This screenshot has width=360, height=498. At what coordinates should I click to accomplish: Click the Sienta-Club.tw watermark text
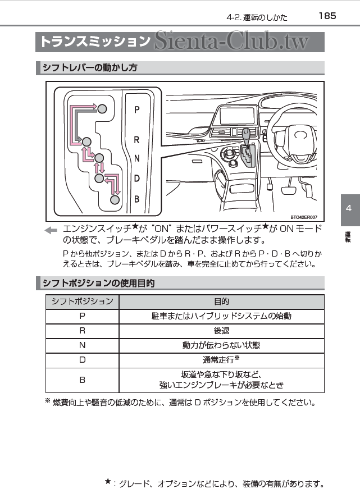[238, 42]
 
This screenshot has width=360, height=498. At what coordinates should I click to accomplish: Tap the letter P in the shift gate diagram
[137, 111]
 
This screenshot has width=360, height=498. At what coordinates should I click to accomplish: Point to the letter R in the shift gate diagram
[137, 140]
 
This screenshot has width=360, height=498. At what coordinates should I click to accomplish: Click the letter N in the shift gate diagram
[137, 159]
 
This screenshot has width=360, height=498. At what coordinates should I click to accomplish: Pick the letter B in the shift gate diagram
[137, 199]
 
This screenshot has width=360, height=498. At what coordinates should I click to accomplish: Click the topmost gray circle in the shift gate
[102, 109]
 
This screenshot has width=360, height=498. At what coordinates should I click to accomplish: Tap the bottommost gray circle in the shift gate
[115, 199]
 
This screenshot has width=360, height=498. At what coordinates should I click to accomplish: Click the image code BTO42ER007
[303, 217]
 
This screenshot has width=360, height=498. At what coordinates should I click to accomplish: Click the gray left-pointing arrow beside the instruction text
[51, 230]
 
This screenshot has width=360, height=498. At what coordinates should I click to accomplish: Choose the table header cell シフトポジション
[82, 301]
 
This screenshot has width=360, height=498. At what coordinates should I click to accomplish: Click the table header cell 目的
[221, 301]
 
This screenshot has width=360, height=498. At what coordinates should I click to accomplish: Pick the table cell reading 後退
[221, 331]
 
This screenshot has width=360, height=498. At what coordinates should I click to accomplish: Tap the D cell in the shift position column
[82, 360]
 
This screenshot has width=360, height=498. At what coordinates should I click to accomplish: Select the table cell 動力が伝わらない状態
[221, 345]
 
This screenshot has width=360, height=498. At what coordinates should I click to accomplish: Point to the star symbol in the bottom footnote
[108, 481]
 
